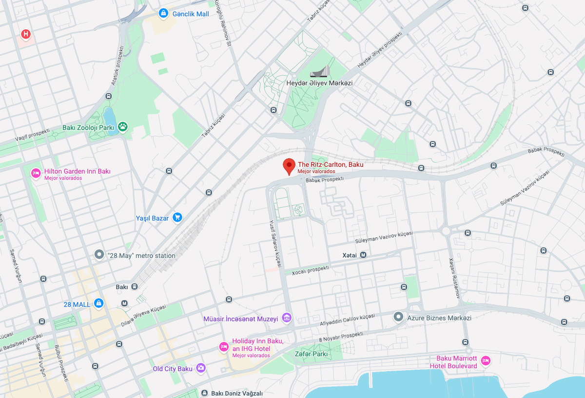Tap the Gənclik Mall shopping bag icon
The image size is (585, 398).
coord(164,13)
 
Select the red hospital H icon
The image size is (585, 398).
coord(26,34)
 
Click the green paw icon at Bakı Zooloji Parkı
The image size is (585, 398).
coord(122,127)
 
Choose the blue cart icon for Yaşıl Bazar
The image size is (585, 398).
coord(177,218)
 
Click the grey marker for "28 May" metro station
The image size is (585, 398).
coord(99,255)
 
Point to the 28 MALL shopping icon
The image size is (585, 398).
coord(98,304)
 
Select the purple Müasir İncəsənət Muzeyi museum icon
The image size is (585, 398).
coord(287,318)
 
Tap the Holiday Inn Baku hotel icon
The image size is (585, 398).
coord(224,347)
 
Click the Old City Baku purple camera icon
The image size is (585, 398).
coord(201,368)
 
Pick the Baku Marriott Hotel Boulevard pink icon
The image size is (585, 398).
coord(486,361)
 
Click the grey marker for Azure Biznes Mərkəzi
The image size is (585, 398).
coord(399,318)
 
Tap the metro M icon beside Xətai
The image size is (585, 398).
coord(363,255)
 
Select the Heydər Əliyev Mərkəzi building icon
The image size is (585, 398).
coord(320,72)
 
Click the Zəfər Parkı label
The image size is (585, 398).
coord(312,354)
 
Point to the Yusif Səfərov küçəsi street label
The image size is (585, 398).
coord(275,242)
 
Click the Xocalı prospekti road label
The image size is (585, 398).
coord(311,269)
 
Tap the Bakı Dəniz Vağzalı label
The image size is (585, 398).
coord(236,393)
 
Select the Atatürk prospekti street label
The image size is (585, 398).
coord(117,66)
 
